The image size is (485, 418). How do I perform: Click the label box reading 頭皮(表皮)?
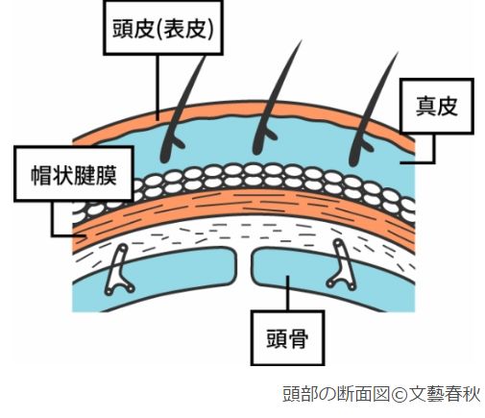coord(162,28)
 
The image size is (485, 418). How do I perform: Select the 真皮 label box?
coord(437,106)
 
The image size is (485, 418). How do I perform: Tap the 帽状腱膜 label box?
coord(74,174)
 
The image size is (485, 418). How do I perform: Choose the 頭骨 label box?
coord(287,338)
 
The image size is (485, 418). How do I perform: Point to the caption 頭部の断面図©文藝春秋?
coord(381,394)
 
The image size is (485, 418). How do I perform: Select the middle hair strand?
coord(276,98)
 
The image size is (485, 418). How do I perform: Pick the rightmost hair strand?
coord(372,109)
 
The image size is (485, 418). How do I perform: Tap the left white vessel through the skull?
coord(118,270)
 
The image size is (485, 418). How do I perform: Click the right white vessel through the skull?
coord(342,264)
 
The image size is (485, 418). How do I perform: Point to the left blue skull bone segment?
coord(154,279)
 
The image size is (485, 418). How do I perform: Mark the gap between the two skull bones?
coord(244,266)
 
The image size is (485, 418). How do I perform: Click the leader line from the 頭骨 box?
coord(287,293)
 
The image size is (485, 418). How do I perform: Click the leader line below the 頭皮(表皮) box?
coord(158,87)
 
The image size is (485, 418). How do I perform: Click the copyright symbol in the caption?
coord(398,394)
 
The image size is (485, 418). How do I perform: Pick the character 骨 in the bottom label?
coord(298,338)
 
